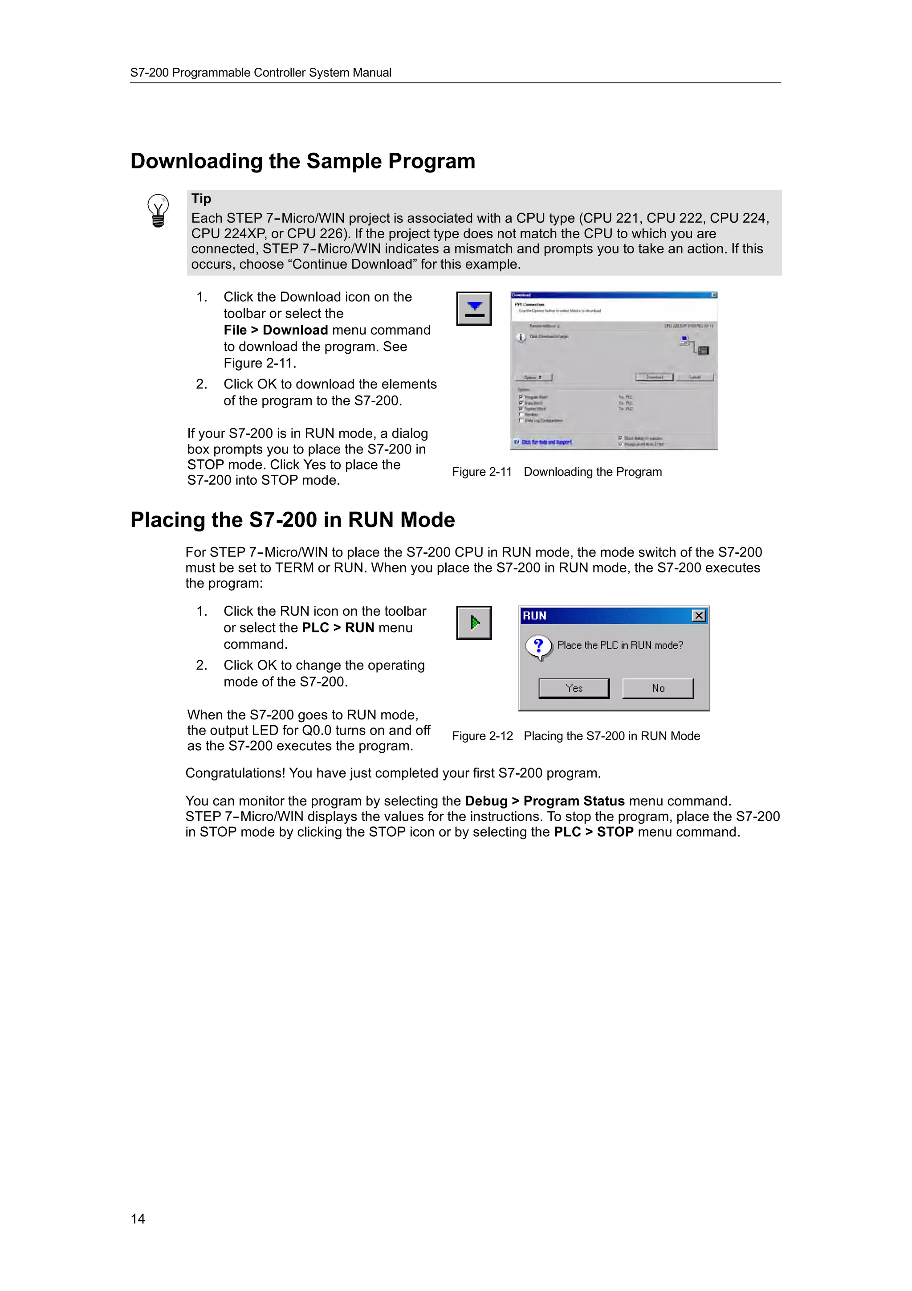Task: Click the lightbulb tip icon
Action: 158,210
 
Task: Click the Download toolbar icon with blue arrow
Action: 474,309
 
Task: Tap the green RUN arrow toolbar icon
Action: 474,622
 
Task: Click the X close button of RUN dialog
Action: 698,616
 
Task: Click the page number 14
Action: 138,1218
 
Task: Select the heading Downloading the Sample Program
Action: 302,161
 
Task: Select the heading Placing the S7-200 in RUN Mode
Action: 292,519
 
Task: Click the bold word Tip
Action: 201,199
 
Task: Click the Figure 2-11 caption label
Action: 481,472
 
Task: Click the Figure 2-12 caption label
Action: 482,736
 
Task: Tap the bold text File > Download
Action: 275,330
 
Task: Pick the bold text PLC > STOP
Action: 594,832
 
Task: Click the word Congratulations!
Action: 236,773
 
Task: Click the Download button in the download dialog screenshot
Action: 654,377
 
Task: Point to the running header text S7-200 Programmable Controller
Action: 261,73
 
